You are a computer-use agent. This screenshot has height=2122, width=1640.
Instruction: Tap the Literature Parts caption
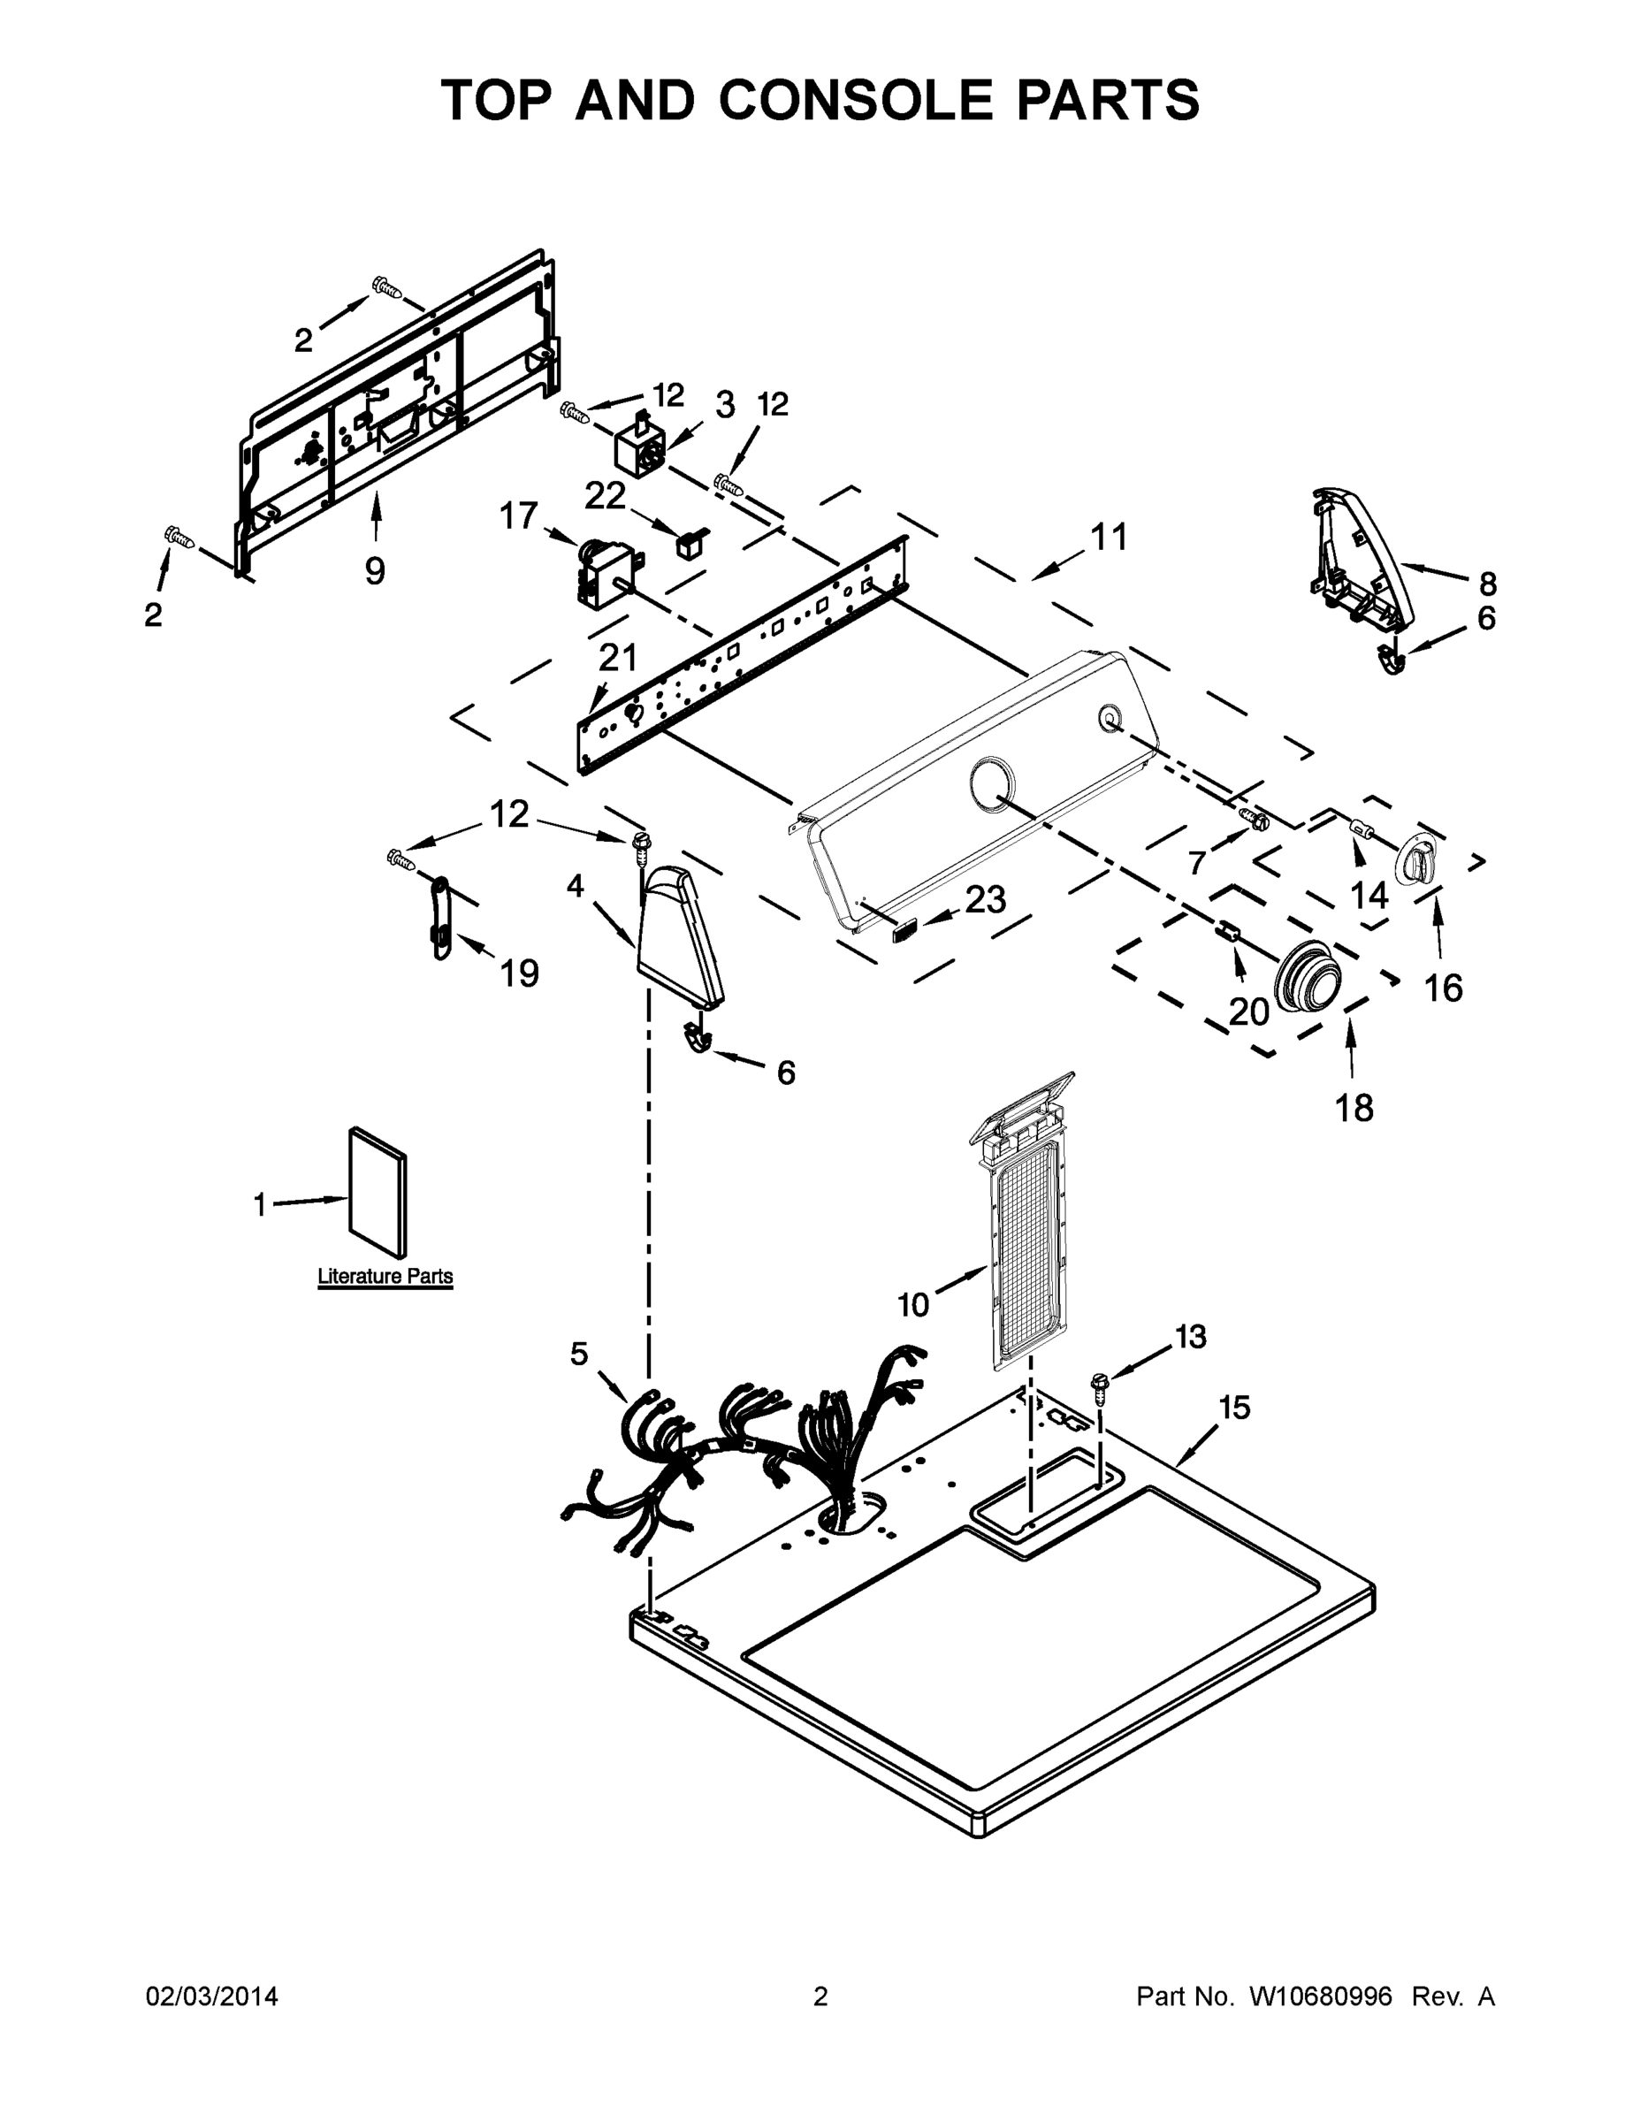[x=385, y=1276]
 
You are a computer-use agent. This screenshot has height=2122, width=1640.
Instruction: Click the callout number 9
[x=375, y=570]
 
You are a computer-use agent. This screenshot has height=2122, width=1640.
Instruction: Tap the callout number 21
[x=618, y=658]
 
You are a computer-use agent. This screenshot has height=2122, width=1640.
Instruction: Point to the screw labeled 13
[x=1101, y=1386]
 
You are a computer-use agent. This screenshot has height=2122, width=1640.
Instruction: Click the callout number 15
[x=1234, y=1407]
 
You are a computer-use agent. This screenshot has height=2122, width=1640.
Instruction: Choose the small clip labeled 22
[x=691, y=541]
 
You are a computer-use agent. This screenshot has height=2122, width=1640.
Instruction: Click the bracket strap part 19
[x=439, y=916]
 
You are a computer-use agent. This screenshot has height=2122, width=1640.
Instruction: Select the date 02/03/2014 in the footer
[x=212, y=1996]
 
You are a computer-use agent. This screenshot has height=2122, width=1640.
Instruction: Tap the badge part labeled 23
[x=904, y=932]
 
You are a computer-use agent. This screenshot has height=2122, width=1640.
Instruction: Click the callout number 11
[x=1109, y=537]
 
